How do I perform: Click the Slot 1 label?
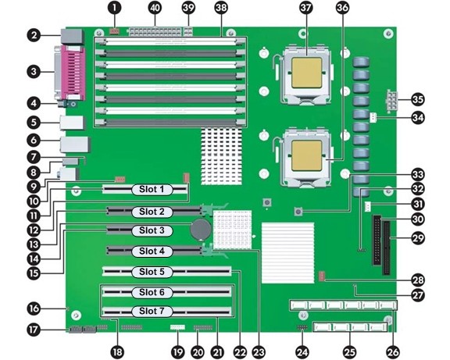click(x=152, y=189)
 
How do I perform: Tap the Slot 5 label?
click(x=152, y=271)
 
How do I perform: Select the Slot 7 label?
click(x=152, y=311)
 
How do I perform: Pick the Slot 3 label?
click(x=152, y=230)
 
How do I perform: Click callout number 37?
click(x=305, y=8)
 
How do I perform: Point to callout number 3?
click(x=34, y=71)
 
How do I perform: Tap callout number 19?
click(x=178, y=352)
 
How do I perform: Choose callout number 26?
click(x=393, y=352)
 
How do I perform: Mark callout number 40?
click(x=155, y=8)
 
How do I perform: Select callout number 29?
click(x=418, y=238)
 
